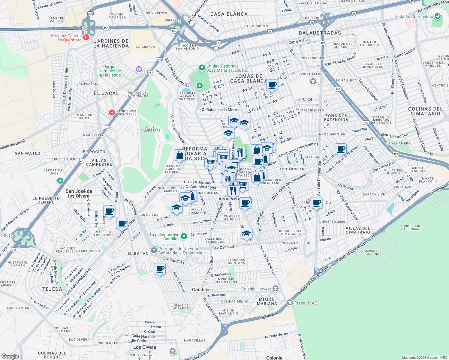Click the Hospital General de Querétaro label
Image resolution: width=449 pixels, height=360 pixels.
pos(66,38)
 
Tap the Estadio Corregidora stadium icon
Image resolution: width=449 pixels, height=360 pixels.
pos(438,16)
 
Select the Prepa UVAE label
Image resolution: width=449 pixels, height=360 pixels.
pos(306,303)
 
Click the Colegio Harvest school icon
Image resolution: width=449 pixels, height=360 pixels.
pos(276,289)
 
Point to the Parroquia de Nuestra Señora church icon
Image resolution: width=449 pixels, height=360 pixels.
pos(154,250)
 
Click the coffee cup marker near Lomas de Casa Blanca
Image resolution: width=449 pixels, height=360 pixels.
pos(272,85)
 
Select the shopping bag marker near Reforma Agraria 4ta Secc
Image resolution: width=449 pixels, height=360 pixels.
pos(179,155)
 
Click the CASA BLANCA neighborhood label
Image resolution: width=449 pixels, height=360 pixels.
pos(229,14)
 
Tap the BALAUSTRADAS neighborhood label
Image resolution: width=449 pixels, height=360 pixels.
pos(320,33)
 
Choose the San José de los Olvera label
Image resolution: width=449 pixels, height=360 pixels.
pos(79,193)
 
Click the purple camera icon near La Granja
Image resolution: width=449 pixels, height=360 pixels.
pos(139,70)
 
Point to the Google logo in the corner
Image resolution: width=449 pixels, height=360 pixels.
pos(10,356)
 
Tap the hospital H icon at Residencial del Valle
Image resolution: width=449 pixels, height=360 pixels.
pos(112,112)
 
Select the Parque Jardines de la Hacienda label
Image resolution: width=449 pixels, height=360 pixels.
pos(110,71)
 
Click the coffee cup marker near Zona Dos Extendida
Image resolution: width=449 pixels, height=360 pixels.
pos(341,149)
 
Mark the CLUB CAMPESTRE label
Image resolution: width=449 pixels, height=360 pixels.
pos(150,129)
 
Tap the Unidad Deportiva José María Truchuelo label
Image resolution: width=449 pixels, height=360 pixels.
pos(227,68)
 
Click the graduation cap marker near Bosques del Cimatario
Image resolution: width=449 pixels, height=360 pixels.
pos(246,233)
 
